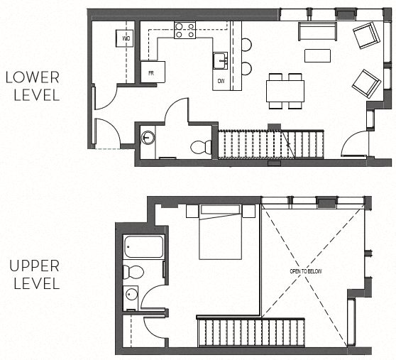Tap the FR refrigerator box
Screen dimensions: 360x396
click(153, 72)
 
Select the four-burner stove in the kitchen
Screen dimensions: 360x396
click(185, 30)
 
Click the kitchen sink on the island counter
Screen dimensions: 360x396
click(220, 60)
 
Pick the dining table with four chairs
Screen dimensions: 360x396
click(285, 90)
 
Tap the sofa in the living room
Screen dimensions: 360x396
click(317, 31)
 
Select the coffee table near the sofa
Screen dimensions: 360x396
click(317, 55)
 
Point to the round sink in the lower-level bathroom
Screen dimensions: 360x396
click(148, 137)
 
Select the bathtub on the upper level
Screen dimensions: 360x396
click(143, 248)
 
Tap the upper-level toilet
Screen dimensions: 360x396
click(133, 272)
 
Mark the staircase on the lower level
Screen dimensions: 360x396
click(270, 144)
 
